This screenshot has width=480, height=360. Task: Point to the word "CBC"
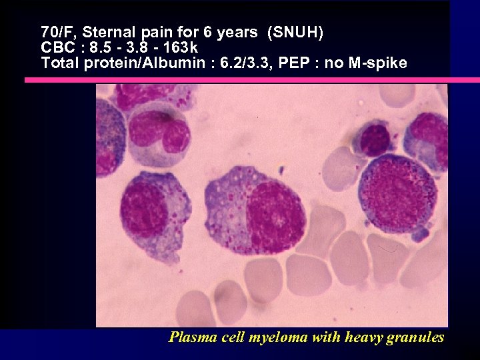pyautogui.click(x=56, y=48)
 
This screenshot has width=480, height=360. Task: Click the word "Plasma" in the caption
pyautogui.click(x=189, y=337)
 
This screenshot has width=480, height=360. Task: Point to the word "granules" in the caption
pyautogui.click(x=417, y=337)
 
